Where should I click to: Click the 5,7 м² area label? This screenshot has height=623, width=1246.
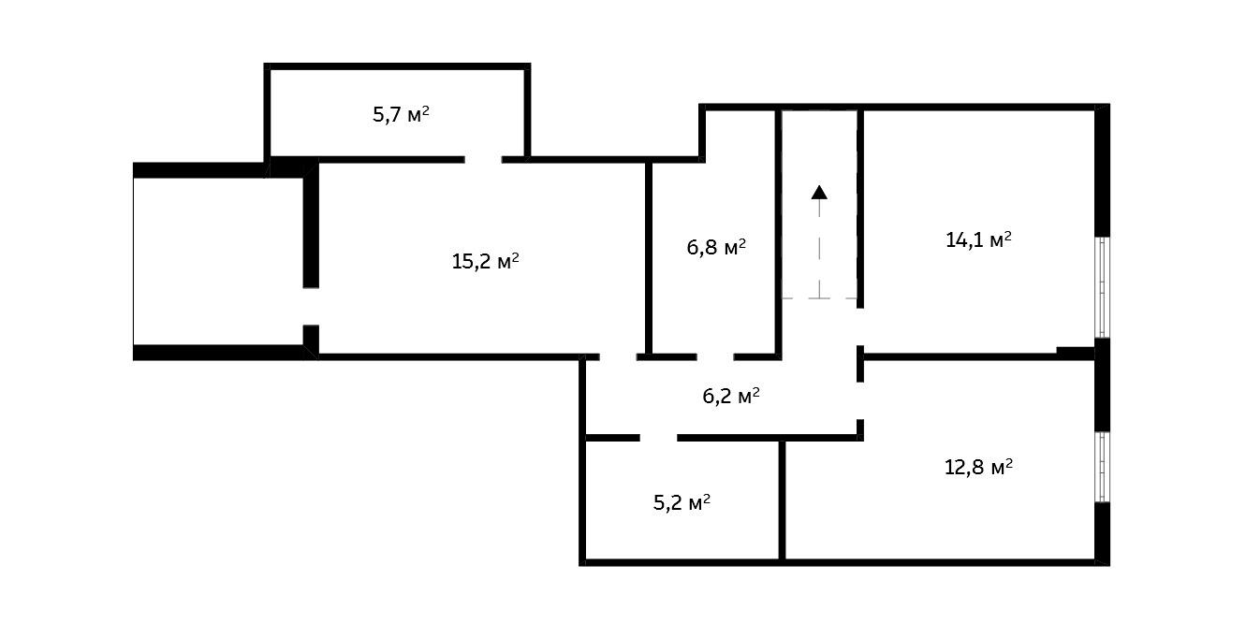(401, 115)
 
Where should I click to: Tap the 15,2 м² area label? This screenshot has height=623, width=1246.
(486, 261)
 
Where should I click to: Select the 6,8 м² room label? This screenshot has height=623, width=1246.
(716, 247)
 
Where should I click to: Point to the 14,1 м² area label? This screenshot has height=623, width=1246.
(978, 239)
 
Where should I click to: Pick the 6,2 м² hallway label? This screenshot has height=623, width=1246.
(731, 397)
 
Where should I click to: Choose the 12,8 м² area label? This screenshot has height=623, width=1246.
(978, 467)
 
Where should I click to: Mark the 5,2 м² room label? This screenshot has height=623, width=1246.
(682, 502)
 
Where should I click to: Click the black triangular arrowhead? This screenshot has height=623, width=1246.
(819, 193)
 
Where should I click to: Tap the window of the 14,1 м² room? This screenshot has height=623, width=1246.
(1103, 287)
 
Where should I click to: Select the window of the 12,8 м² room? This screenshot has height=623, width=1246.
(1103, 467)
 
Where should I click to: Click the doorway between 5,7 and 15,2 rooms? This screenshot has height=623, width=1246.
(483, 160)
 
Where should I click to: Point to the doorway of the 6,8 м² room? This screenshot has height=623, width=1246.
(715, 356)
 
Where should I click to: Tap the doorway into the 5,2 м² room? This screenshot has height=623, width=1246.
(659, 438)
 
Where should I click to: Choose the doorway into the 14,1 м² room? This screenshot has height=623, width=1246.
(860, 326)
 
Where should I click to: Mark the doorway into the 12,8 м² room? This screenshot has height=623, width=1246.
(860, 400)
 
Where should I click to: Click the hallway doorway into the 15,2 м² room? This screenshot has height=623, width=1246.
(618, 356)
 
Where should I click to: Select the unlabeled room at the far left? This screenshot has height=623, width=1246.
(218, 261)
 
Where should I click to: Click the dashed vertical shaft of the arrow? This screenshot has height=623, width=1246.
(819, 249)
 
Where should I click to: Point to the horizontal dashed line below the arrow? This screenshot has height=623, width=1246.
(819, 298)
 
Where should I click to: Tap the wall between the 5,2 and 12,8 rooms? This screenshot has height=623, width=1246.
(782, 500)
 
